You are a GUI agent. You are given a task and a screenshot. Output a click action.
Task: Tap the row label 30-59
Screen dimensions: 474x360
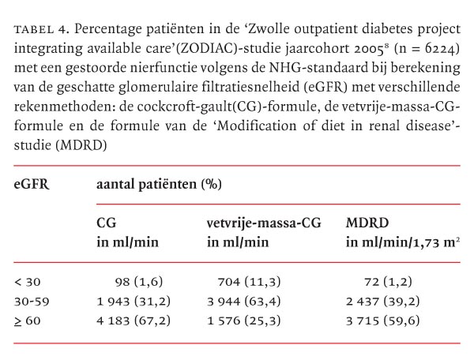[x=31, y=301]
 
